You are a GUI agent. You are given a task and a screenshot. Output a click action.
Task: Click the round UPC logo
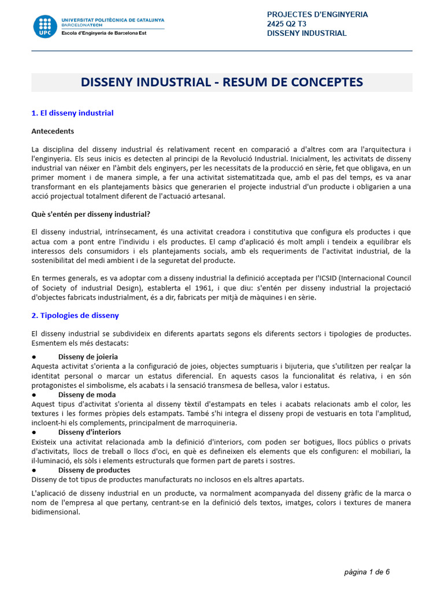tap(45, 27)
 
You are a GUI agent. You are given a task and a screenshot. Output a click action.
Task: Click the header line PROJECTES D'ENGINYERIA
tap(317, 14)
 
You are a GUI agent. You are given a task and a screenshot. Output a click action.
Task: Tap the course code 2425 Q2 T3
tap(288, 24)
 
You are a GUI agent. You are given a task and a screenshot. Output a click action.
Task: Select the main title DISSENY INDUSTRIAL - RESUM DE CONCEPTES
tap(222, 82)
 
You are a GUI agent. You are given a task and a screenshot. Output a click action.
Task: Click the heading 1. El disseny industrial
tap(72, 113)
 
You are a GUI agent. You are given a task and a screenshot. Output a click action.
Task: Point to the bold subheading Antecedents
tap(53, 131)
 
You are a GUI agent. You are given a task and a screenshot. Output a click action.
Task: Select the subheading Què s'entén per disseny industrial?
tap(91, 214)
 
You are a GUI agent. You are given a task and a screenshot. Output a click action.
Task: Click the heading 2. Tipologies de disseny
tap(75, 315)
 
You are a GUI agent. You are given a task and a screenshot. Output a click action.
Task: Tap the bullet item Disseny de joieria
tap(88, 357)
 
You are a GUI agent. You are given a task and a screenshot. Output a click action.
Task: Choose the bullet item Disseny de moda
tap(86, 395)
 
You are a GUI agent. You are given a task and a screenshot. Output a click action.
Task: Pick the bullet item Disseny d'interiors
tap(90, 432)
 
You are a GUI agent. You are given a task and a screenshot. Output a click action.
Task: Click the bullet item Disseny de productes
tap(94, 470)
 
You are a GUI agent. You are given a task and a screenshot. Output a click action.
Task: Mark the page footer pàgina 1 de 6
tap(367, 572)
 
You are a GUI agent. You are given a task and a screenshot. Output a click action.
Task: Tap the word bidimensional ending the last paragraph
tap(55, 512)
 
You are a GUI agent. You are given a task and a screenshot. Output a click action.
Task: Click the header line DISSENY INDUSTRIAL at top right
tap(306, 33)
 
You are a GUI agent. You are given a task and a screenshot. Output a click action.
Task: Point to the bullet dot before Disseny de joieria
tap(34, 357)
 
